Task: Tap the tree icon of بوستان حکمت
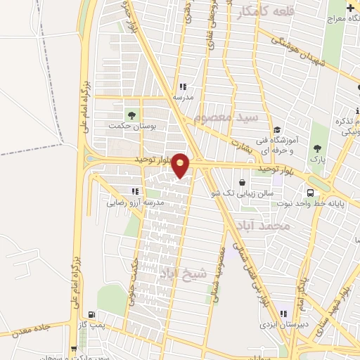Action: (131, 115)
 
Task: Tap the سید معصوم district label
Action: (229, 115)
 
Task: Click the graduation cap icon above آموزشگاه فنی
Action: (278, 130)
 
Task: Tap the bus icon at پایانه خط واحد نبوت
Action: (310, 193)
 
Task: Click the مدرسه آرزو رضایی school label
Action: (135, 202)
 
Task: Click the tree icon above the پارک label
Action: (317, 148)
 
